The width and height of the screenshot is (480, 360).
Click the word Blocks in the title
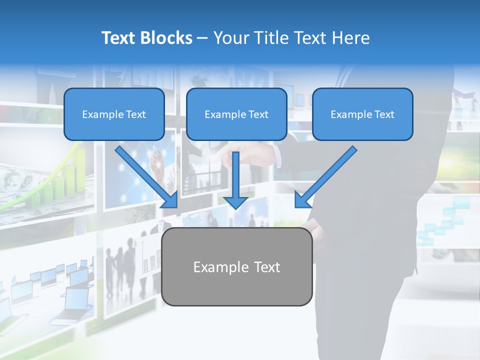167,38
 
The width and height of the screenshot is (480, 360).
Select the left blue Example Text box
114,114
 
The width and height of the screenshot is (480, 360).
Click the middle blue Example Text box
236,114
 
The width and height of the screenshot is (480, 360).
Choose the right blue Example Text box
362,114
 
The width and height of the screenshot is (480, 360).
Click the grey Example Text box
237,266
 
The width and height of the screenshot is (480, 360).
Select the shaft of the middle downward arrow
235,172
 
